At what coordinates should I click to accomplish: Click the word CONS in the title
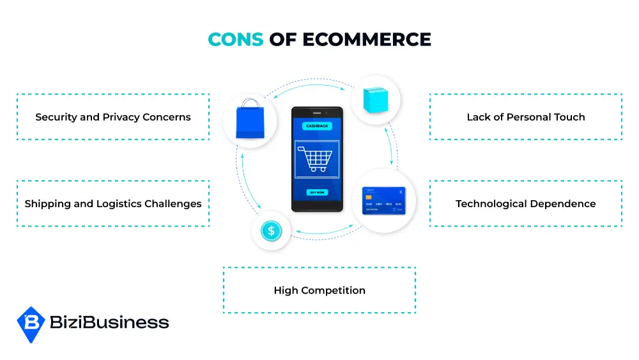coord(236,40)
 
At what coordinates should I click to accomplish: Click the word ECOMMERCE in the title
coord(367,40)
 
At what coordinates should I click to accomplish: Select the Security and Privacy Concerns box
coord(113,117)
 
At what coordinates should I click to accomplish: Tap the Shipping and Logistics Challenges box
coord(113,203)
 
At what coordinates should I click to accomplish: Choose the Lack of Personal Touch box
coord(526,117)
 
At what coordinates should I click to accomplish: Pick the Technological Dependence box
coord(526,203)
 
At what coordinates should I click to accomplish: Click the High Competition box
coord(319,290)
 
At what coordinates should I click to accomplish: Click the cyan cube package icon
coord(375,100)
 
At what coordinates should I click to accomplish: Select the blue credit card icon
coord(384,200)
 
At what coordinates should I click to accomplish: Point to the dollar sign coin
coord(271,231)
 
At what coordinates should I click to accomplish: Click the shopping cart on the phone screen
coord(315,159)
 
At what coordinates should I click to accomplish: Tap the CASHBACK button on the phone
coord(317,126)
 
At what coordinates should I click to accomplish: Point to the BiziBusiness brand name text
coord(109,322)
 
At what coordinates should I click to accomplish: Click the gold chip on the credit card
coord(369,198)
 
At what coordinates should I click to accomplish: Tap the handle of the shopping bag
coord(250,104)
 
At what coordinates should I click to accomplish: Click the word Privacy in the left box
coord(121,118)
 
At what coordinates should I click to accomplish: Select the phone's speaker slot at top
coord(317,113)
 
